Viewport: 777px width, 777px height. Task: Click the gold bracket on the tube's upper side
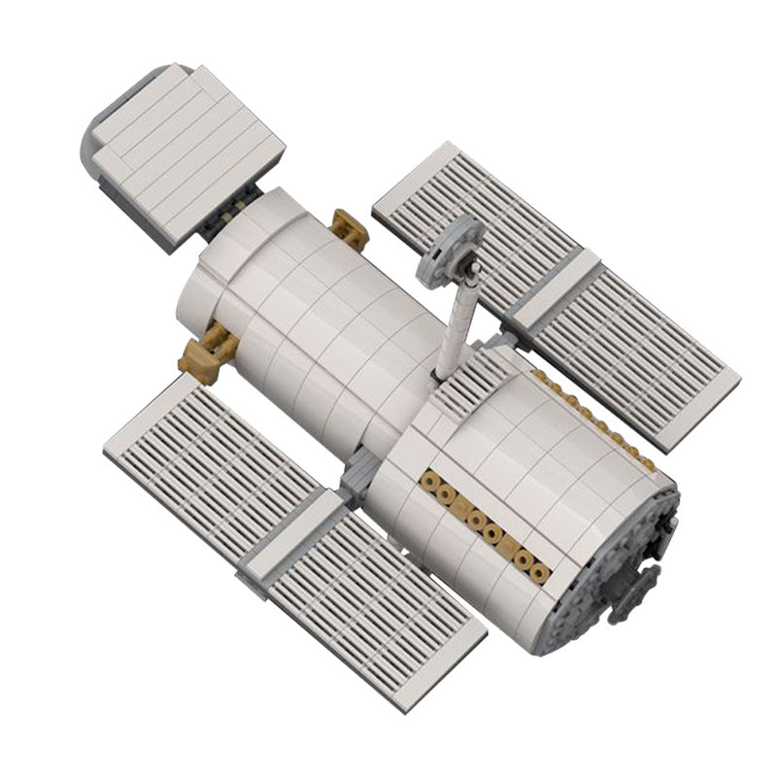tap(347, 229)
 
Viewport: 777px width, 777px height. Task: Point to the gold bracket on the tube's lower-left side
tap(206, 350)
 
